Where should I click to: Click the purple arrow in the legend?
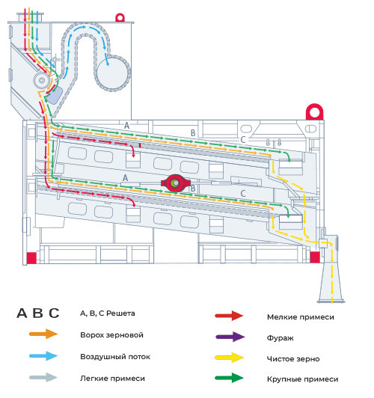230,337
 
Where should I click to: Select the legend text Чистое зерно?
293,359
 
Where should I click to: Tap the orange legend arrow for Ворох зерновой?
43,334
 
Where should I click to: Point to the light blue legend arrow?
43,355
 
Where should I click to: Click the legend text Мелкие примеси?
301,317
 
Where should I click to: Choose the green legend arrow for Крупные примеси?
229,378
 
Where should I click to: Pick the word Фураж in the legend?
280,338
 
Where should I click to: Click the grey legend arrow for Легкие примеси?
43,378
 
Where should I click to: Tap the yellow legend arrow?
230,358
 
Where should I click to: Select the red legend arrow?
229,316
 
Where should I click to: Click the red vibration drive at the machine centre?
176,183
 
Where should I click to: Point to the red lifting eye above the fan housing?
120,18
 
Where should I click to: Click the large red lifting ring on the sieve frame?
315,111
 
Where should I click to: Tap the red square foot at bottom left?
31,257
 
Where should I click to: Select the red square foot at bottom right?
315,257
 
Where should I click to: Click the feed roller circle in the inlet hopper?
42,81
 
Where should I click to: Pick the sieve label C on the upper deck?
243,140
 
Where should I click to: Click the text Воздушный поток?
115,357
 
